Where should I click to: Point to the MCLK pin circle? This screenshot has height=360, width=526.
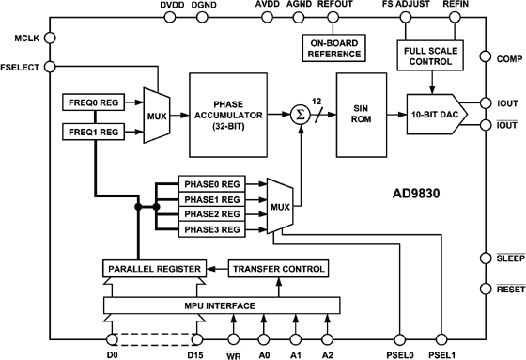click(50, 39)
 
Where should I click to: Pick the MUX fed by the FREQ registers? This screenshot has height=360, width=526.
click(154, 116)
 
